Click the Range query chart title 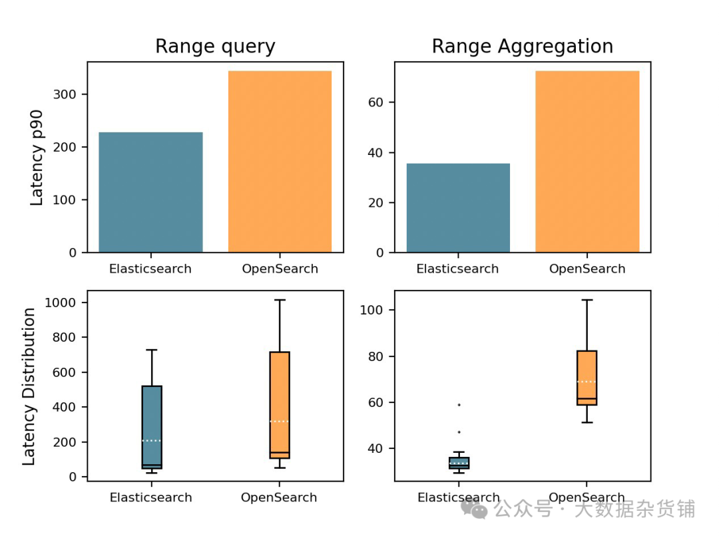[x=215, y=47]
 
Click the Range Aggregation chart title [x=522, y=47]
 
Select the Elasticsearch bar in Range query [x=150, y=192]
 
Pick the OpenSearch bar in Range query [x=280, y=162]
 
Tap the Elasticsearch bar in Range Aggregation [x=458, y=207]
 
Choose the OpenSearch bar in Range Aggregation [x=587, y=162]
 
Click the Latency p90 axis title [x=37, y=158]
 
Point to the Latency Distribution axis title [x=29, y=386]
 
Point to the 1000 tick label [x=60, y=303]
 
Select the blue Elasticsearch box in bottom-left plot [x=152, y=427]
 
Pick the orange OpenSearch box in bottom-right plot [x=587, y=378]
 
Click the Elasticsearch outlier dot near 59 [x=459, y=405]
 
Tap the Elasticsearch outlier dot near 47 [x=459, y=432]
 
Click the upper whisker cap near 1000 [x=280, y=300]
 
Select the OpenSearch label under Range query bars [x=279, y=269]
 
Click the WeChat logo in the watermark [x=475, y=510]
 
